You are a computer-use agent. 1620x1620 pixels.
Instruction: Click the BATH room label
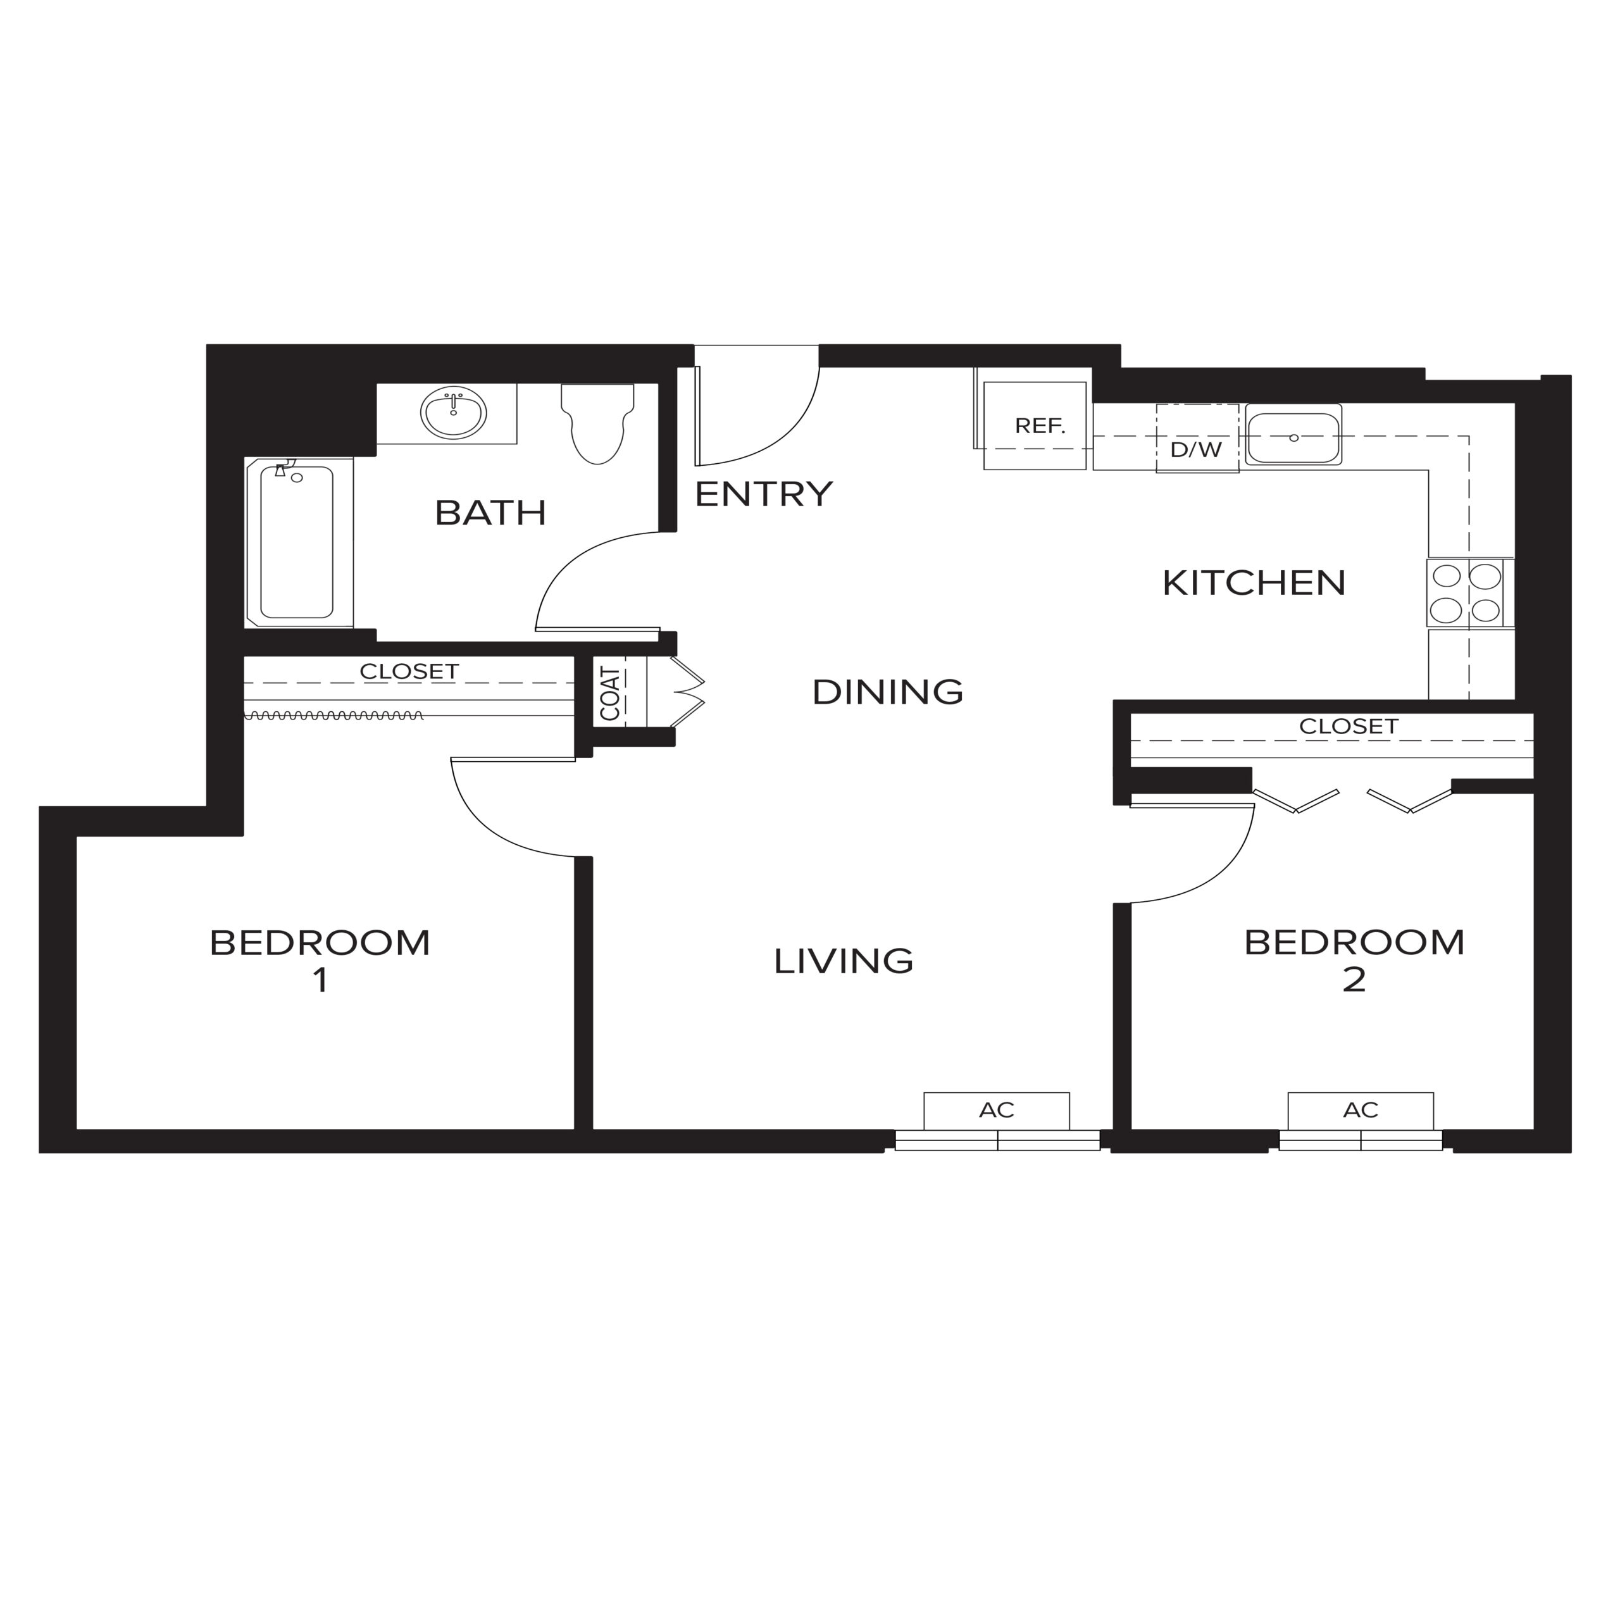pos(490,513)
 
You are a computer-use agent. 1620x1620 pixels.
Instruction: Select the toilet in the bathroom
pos(597,423)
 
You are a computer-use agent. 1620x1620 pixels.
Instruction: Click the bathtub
pos(299,542)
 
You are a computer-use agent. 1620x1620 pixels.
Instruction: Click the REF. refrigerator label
pos(1040,426)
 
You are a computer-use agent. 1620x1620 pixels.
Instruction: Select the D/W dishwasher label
pos(1197,449)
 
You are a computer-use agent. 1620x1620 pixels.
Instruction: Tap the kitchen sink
pos(1293,434)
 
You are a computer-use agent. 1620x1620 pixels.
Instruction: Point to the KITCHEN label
pos(1254,583)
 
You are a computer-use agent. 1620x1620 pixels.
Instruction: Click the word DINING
pos(888,692)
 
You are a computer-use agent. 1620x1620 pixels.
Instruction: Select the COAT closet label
pos(611,694)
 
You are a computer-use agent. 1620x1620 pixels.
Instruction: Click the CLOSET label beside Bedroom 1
pos(409,671)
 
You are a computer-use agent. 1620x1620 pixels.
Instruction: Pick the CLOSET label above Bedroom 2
pos(1349,726)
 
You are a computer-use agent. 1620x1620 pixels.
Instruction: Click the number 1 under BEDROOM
pos(320,980)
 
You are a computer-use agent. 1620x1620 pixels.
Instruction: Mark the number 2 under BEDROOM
pos(1354,980)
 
